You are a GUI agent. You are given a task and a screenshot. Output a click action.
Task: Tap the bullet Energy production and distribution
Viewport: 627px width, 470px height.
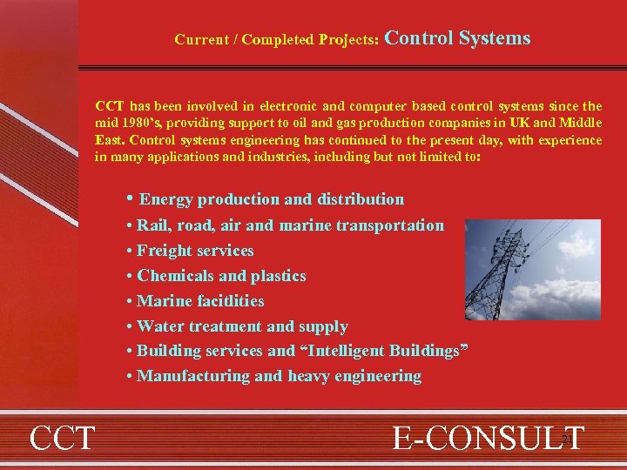click(x=270, y=199)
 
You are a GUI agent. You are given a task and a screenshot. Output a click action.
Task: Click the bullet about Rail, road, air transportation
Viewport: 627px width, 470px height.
click(x=290, y=225)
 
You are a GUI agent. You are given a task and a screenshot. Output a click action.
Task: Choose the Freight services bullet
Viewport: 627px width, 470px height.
click(x=195, y=251)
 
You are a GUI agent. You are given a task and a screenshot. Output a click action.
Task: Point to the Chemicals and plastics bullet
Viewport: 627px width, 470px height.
click(x=221, y=276)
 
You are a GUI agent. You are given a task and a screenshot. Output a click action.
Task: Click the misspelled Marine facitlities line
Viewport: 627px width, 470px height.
click(x=200, y=301)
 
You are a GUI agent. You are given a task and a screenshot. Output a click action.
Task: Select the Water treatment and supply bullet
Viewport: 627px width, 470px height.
click(x=242, y=326)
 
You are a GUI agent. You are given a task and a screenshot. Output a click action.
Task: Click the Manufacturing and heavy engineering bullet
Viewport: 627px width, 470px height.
click(x=279, y=376)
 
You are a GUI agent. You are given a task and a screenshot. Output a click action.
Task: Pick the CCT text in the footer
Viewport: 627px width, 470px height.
click(x=62, y=438)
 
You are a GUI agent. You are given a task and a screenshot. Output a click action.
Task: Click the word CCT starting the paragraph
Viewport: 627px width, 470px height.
click(x=109, y=106)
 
